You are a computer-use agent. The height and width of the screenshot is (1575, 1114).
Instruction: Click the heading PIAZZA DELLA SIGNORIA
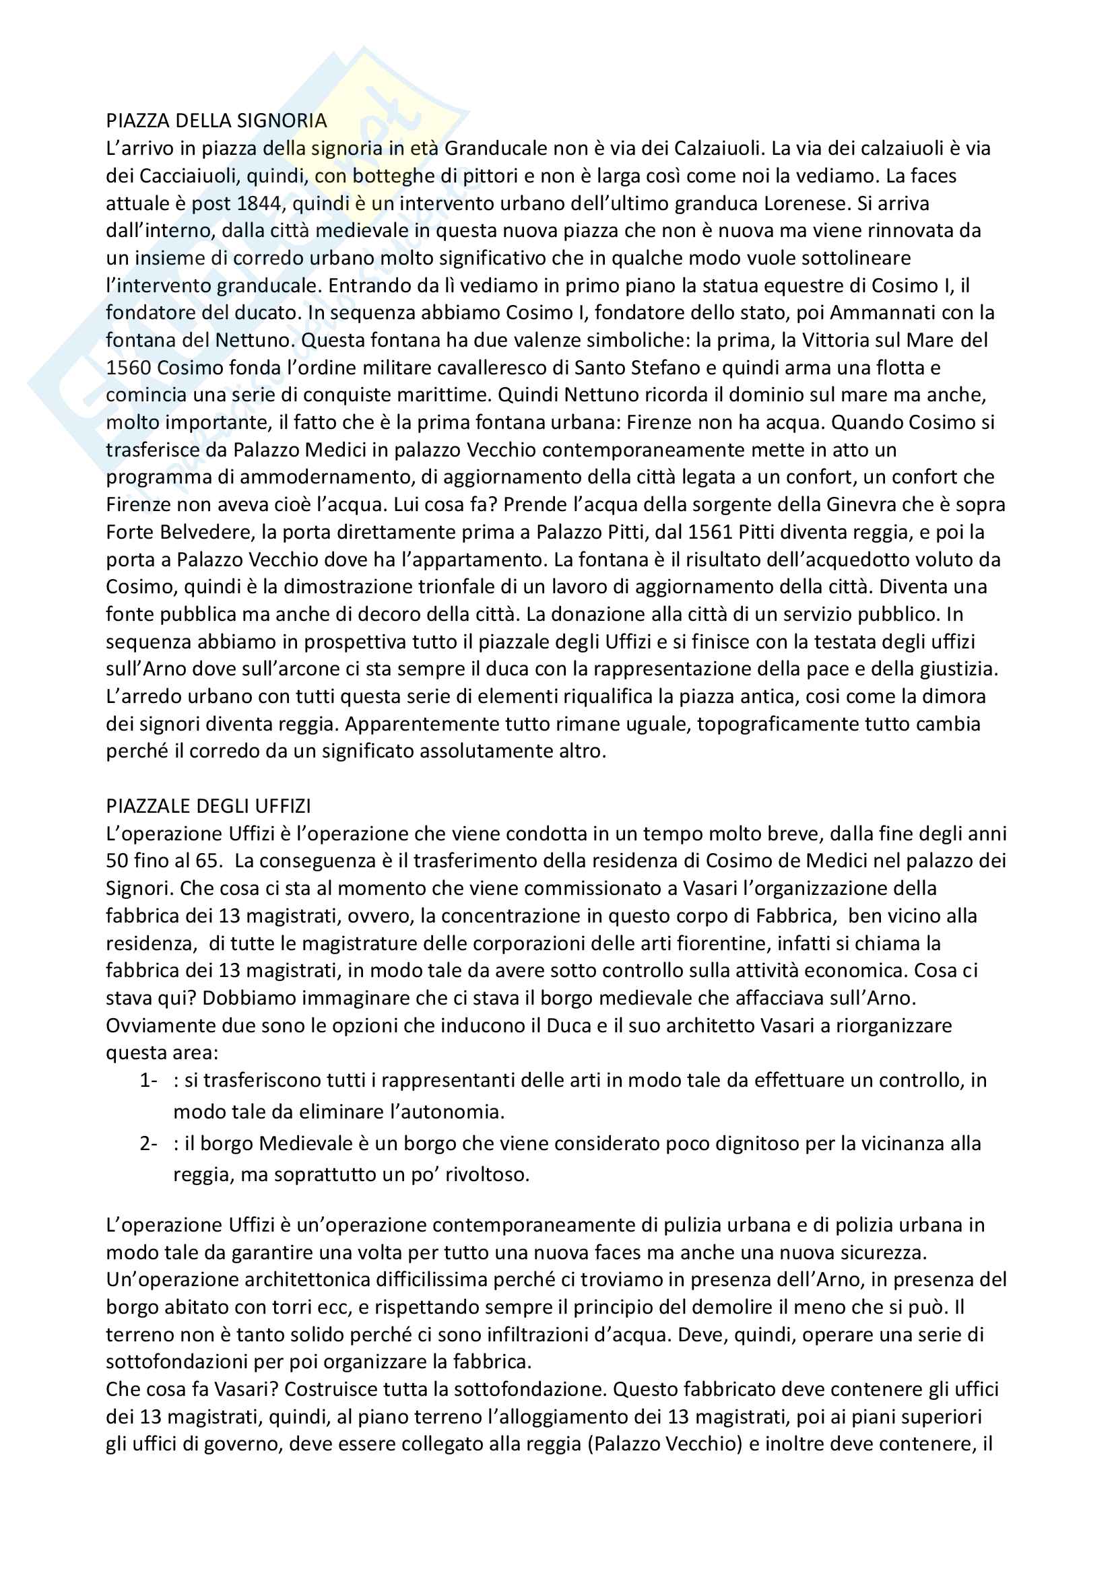pos(216,121)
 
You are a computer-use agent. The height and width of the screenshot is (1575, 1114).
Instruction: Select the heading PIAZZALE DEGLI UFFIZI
pos(209,805)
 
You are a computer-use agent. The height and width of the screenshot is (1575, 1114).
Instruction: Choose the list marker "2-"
pos(148,1143)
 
